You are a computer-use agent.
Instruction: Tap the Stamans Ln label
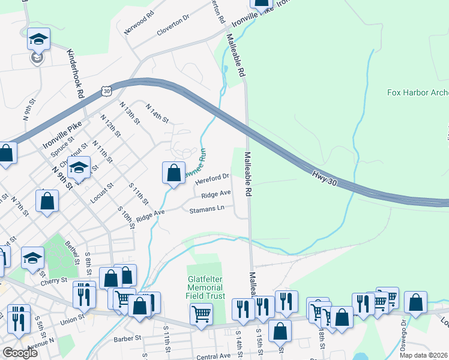206,210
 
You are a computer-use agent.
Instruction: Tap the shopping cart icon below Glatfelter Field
201,313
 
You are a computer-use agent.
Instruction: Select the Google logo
20,353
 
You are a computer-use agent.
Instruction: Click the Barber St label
127,338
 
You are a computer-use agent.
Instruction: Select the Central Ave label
213,356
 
